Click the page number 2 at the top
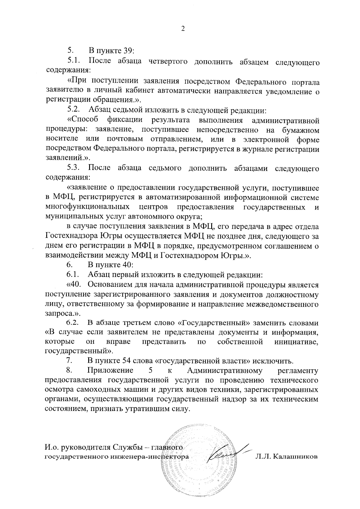[182, 29]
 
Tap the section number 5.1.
[73, 61]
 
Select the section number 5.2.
[73, 110]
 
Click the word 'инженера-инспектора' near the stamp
[153, 457]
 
